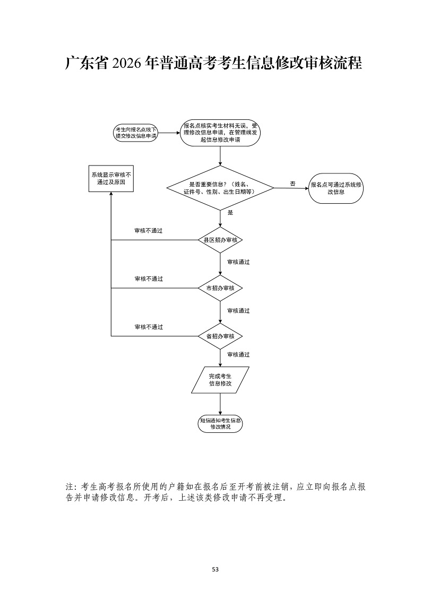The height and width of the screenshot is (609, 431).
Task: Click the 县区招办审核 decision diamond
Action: click(x=220, y=240)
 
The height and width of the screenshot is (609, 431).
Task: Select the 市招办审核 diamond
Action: click(x=220, y=288)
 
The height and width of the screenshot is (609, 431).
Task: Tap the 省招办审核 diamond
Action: click(x=220, y=336)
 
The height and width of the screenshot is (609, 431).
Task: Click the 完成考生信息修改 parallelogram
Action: click(x=220, y=380)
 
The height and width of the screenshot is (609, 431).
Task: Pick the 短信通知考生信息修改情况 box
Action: click(x=220, y=424)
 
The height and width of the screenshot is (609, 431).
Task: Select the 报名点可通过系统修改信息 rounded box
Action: click(x=336, y=188)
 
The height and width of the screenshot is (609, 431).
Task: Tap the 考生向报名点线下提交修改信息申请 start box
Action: click(x=136, y=133)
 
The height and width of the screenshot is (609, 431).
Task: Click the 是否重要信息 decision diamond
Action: click(x=220, y=188)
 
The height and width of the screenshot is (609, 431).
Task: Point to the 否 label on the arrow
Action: click(x=292, y=184)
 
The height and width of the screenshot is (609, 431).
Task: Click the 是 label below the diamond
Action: click(x=230, y=213)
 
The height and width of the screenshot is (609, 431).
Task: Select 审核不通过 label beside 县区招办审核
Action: click(x=149, y=231)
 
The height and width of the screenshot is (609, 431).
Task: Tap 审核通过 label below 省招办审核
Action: click(x=239, y=354)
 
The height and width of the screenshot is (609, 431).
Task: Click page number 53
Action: click(x=215, y=569)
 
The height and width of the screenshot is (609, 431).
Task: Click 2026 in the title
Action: click(x=125, y=63)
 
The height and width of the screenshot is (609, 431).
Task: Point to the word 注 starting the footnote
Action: click(x=70, y=486)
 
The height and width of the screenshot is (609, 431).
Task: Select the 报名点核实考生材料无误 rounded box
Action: click(x=220, y=133)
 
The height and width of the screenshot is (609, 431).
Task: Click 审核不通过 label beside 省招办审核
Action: click(x=149, y=327)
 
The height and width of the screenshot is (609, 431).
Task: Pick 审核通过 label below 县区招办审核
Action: click(x=239, y=262)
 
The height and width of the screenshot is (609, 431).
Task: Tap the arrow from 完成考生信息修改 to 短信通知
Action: click(x=220, y=404)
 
